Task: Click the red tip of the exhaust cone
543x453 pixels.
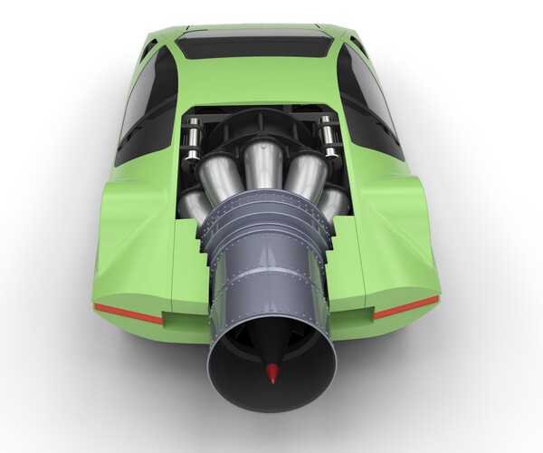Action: pos(271,373)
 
